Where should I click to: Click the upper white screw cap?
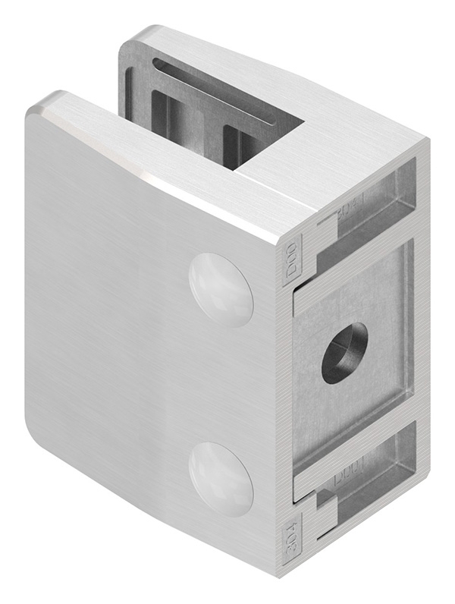pos(221,289)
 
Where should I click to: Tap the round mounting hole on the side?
pos(344,353)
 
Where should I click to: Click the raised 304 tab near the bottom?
pos(292,540)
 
